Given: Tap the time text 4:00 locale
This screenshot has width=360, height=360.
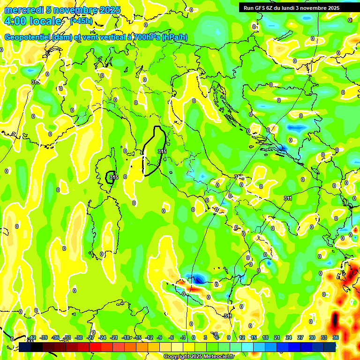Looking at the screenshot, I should [x=32, y=21].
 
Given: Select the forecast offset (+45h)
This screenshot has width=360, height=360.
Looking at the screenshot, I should [x=81, y=21].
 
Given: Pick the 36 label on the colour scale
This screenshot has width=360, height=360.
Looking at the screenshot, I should [x=336, y=337].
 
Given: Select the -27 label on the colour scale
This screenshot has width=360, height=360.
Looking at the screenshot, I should [x=90, y=337].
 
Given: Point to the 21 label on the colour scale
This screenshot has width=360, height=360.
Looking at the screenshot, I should [x=277, y=337].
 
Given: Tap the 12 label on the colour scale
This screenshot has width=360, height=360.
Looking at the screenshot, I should [x=242, y=337].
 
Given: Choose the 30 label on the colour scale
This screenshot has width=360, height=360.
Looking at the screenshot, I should [x=312, y=337].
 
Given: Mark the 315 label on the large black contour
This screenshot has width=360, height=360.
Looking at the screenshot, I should [x=162, y=151].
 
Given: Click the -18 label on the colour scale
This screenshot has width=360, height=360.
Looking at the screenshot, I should [x=126, y=337].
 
